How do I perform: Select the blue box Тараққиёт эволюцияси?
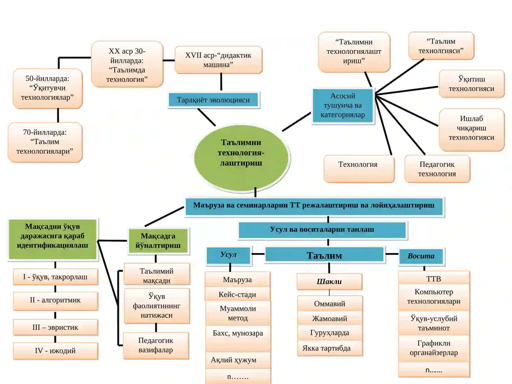pyautogui.click(x=213, y=100)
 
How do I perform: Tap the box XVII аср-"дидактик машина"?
pyautogui.click(x=219, y=60)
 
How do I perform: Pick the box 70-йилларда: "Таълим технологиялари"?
pyautogui.click(x=45, y=142)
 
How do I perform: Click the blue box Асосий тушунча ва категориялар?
pyautogui.click(x=343, y=105)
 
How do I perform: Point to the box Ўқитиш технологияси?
pyautogui.click(x=471, y=84)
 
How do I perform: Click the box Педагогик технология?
pyautogui.click(x=437, y=169)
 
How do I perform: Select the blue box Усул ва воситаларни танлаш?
pyautogui.click(x=322, y=230)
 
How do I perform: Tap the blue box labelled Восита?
pyautogui.click(x=421, y=256)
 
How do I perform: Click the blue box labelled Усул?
pyautogui.click(x=228, y=255)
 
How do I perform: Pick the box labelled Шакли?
pyautogui.click(x=329, y=282)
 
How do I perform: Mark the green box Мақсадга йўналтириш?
pyautogui.click(x=158, y=241)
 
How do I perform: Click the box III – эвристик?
pyautogui.click(x=55, y=327)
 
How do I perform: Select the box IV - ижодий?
pyautogui.click(x=55, y=351)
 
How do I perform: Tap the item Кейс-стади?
pyautogui.click(x=238, y=294)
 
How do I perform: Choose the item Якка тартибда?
pyautogui.click(x=330, y=348)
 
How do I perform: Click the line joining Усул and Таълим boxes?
pyautogui.click(x=258, y=254)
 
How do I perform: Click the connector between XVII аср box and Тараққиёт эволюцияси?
pyautogui.click(x=221, y=82)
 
